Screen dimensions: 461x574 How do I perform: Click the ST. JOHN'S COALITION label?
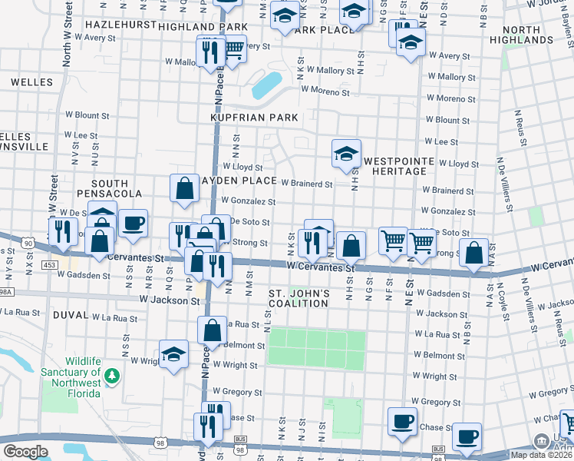[x=299, y=298]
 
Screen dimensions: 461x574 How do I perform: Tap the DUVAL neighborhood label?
[x=70, y=315]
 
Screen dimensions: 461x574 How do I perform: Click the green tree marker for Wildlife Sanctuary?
[x=113, y=376]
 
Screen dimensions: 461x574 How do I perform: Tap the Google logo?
[x=25, y=452]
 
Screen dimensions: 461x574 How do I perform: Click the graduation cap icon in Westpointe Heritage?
[x=346, y=153]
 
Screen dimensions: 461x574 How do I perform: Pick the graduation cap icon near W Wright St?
[x=173, y=354]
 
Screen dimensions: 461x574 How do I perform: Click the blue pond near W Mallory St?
[x=266, y=85]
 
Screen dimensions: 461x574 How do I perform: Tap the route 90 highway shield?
[x=28, y=243]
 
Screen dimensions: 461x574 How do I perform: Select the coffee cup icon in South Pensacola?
[x=133, y=223]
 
